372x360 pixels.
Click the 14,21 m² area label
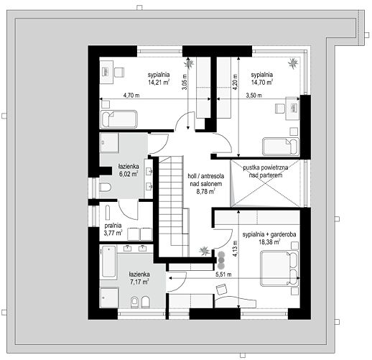pos(159,83)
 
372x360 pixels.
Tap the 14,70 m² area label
pos(262,83)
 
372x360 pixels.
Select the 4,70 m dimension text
pos(131,96)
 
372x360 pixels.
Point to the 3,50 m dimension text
pos(254,96)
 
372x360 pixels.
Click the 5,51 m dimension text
pos(223,274)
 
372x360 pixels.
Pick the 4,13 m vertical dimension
pos(236,249)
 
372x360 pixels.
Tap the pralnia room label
pos(113,226)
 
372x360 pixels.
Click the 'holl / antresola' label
pos(206,176)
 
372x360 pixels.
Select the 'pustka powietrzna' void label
pos(266,167)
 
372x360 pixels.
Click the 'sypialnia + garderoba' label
pos(269,234)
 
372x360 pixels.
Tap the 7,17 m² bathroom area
pos(139,282)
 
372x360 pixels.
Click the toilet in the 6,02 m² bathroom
pos(105,188)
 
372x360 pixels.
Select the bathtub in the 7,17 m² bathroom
pos(108,262)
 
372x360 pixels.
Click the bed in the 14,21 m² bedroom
pos(119,119)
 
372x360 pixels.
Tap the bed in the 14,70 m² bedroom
pos(281,147)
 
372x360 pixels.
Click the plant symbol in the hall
pos(205,251)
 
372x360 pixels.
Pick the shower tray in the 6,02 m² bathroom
pos(109,143)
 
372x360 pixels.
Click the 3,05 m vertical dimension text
pos(185,82)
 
